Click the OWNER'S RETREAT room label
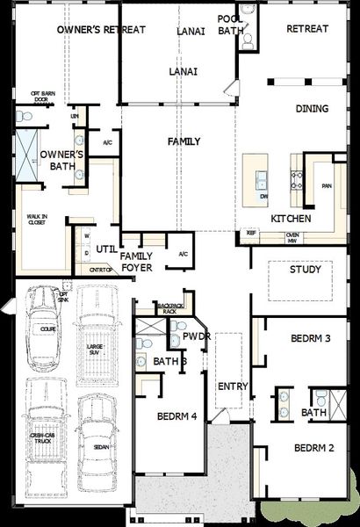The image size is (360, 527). tap(101, 29)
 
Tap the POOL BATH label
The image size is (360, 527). tap(231, 24)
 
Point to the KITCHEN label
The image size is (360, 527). tap(291, 218)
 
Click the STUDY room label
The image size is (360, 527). tap(305, 270)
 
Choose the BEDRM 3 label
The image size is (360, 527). tap(310, 338)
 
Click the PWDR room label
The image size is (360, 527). tap(194, 336)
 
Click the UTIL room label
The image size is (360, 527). tap(107, 249)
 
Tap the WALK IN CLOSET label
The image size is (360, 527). tap(36, 220)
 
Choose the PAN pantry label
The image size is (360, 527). tap(327, 186)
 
